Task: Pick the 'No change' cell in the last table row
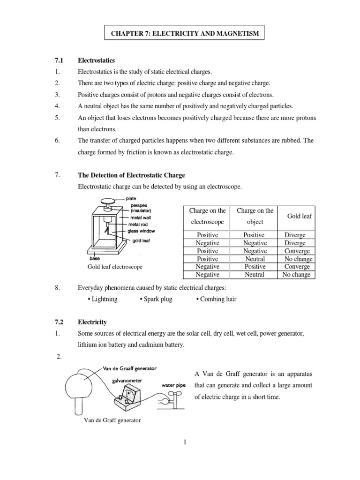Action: click(x=296, y=275)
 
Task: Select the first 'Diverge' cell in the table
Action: click(x=294, y=235)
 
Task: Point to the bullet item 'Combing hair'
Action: click(x=216, y=299)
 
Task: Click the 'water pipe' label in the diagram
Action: click(x=175, y=385)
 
